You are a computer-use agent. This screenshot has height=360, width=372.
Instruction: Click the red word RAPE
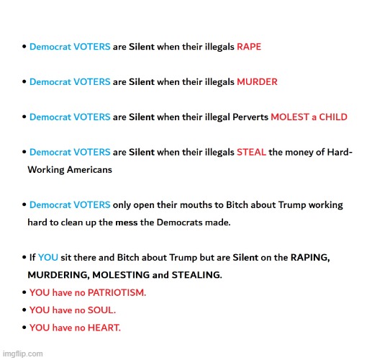point(249,47)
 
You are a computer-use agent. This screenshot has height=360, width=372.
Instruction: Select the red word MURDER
point(257,82)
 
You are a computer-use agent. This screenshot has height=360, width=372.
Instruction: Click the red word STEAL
point(251,153)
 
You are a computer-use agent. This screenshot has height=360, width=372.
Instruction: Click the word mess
point(126,222)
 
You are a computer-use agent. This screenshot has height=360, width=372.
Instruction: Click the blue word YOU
point(48,258)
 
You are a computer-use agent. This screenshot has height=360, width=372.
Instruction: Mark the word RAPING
point(310,258)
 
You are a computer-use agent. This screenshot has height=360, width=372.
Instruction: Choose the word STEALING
point(196,275)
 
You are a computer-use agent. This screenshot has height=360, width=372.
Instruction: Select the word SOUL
point(101,310)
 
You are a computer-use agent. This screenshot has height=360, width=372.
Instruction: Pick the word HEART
point(104,328)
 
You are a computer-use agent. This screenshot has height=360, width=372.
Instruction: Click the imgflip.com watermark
point(22,354)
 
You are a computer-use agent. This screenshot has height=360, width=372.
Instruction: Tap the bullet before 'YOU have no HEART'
point(24,328)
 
